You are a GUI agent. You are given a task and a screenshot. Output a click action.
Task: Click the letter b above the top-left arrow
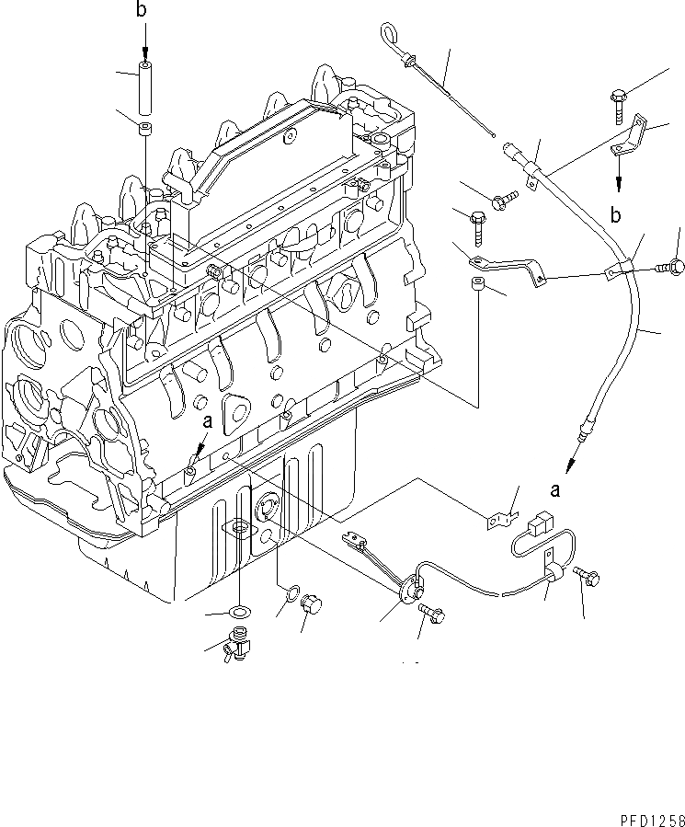(141, 11)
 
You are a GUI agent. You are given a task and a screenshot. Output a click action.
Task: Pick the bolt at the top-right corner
(618, 107)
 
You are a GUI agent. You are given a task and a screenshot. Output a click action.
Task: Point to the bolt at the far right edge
(673, 267)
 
